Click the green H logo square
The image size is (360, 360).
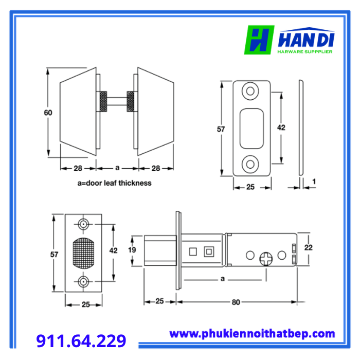coord(259,40)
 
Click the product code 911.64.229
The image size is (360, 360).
coord(81,340)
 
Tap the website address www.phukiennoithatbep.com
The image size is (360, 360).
coord(252,334)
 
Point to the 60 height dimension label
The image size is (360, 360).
coord(48,113)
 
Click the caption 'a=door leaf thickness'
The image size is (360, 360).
coord(114,183)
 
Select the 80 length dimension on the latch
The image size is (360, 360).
coord(236,302)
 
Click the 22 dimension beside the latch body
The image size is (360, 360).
coord(309,247)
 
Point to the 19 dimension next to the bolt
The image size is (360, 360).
coord(132,249)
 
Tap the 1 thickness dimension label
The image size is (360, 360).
coord(314,182)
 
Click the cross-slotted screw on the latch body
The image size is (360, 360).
coord(266,259)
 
